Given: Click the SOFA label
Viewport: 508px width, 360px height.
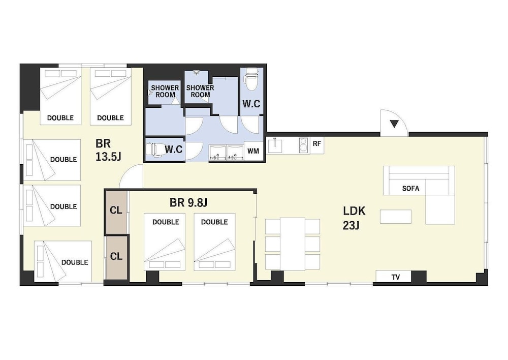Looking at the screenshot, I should (410, 188).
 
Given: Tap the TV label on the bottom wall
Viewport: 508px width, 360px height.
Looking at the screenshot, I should (395, 277).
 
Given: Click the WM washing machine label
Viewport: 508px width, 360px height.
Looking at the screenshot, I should (253, 152).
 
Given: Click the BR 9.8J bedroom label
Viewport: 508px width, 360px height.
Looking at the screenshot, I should (188, 203).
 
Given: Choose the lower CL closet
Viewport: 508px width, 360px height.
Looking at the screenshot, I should (116, 256).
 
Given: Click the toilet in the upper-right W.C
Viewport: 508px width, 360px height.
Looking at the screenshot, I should (250, 79).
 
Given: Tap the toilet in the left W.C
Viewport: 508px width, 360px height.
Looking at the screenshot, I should (153, 149).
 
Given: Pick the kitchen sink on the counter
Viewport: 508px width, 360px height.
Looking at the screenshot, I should (275, 145).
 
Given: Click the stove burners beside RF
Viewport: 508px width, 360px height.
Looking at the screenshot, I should (303, 145).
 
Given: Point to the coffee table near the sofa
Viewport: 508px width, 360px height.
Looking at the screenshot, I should (395, 216).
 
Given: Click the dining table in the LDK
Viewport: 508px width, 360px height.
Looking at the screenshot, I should (293, 244).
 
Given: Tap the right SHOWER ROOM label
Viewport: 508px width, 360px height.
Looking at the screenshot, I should (200, 91).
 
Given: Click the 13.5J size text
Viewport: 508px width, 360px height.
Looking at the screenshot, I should (108, 157).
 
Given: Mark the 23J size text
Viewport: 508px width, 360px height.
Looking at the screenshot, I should (351, 225).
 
